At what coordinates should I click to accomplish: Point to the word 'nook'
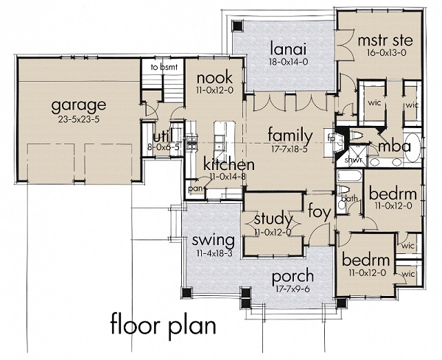(214, 77)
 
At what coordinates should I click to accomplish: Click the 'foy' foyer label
(319, 207)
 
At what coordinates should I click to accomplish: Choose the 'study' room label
(273, 219)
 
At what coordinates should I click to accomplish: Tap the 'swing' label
(213, 241)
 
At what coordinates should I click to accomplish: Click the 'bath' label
(350, 198)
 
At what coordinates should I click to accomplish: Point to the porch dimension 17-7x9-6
(292, 289)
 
